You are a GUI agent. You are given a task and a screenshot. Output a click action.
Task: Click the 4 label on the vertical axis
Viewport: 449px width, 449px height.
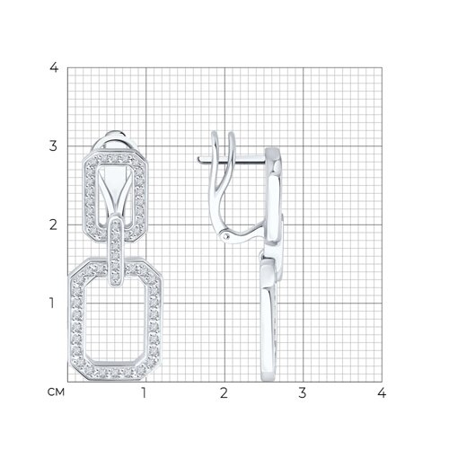(54, 67)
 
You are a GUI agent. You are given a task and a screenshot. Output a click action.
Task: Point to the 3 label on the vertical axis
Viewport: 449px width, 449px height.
(53, 145)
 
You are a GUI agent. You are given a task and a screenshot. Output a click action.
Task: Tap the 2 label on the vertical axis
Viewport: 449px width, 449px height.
(53, 224)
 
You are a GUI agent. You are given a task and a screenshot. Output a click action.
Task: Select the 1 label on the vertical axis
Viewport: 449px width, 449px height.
(52, 303)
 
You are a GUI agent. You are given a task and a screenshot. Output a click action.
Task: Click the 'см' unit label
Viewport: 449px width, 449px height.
(56, 392)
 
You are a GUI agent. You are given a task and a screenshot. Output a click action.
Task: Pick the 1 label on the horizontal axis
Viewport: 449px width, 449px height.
(145, 392)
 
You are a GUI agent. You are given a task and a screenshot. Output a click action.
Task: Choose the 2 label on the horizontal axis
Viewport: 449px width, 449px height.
(224, 392)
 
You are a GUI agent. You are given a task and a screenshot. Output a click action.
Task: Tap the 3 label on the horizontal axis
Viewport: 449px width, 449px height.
(303, 392)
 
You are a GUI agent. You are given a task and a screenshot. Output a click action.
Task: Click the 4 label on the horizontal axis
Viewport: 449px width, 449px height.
(382, 392)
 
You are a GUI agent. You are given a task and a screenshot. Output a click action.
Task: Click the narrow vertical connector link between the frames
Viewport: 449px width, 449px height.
(117, 251)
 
